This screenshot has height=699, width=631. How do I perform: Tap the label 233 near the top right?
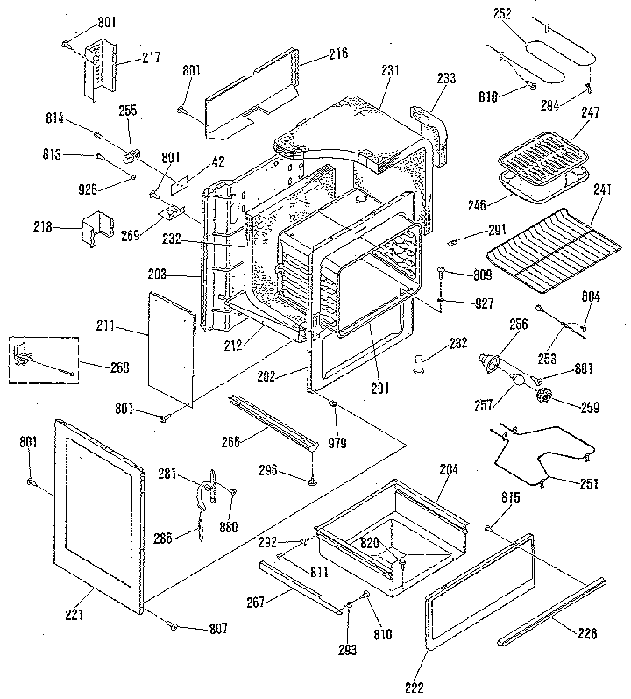[x=446, y=78]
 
